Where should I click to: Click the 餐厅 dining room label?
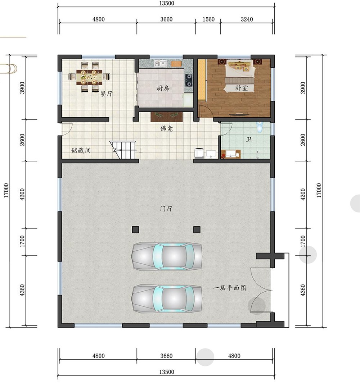(107, 94)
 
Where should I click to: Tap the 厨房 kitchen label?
(163, 88)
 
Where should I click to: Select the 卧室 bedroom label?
(242, 88)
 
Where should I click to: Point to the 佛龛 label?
(167, 128)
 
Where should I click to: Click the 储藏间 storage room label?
(81, 150)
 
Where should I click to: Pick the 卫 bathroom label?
(249, 140)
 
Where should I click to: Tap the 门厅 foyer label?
(166, 209)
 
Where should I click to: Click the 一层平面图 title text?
(229, 288)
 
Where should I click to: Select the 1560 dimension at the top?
(208, 19)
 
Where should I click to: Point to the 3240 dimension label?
(247, 19)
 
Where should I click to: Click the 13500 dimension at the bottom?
(167, 372)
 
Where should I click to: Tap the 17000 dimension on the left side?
(6, 190)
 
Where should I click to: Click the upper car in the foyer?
(167, 256)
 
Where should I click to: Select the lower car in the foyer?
(167, 298)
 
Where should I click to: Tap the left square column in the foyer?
(135, 229)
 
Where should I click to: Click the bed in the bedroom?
(240, 76)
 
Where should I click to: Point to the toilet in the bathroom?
(260, 127)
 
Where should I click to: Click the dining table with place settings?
(89, 77)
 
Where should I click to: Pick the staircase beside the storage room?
(123, 150)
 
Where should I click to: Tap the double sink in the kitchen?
(160, 64)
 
